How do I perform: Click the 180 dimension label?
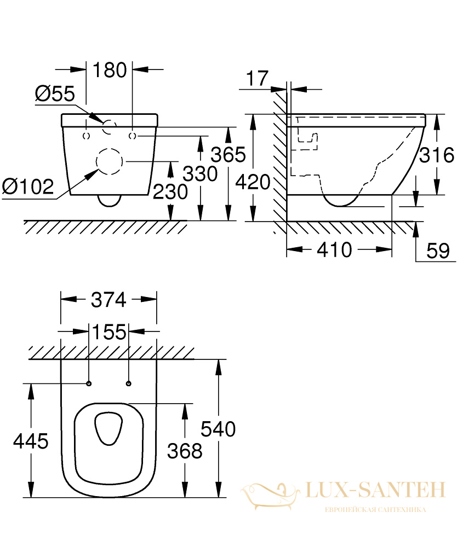point(110,70)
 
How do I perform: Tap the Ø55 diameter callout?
point(55,94)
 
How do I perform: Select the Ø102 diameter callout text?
point(28,187)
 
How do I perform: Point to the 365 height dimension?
point(229,155)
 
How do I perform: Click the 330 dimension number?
point(200,174)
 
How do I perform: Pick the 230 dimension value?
point(170,192)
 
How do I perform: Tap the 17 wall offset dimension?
point(258,78)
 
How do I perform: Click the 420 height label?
point(253,182)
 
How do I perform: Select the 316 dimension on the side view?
point(437,155)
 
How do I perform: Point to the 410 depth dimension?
point(335,250)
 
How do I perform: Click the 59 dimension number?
point(438,251)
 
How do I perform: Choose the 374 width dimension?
point(108,300)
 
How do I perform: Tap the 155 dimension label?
point(109,332)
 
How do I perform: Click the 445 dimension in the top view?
point(31,441)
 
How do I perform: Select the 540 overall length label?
point(218,429)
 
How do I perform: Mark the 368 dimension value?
point(185,451)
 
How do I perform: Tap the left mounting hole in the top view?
point(89,384)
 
